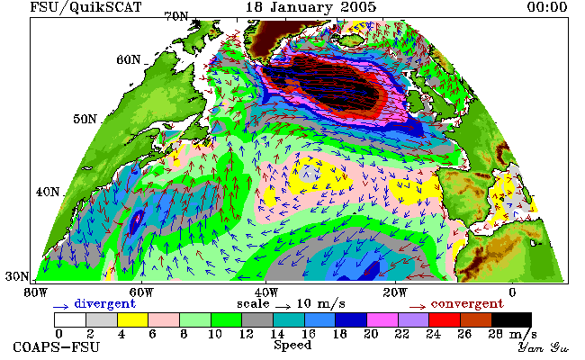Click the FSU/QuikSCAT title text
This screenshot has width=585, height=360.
(85, 7)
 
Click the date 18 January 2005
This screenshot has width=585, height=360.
(310, 7)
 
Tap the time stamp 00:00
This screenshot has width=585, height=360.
(547, 7)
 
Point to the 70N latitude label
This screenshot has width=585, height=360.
(176, 16)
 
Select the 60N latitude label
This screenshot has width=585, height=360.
(129, 59)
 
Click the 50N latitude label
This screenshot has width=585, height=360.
(85, 119)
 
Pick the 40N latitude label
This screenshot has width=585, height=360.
(48, 192)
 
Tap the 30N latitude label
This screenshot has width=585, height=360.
(17, 276)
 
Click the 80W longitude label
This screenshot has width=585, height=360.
(36, 292)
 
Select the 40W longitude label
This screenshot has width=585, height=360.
(266, 292)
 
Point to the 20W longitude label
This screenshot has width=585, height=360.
(395, 292)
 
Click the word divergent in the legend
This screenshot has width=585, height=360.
(104, 303)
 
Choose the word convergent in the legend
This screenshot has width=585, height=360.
(467, 303)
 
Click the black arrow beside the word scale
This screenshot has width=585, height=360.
(283, 307)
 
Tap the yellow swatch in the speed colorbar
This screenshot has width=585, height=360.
(133, 320)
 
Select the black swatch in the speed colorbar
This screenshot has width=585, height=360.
(511, 320)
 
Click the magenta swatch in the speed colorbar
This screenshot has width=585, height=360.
(382, 320)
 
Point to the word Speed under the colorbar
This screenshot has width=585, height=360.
(292, 345)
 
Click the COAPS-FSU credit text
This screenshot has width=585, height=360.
(57, 346)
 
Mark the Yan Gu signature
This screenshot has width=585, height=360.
(543, 347)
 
